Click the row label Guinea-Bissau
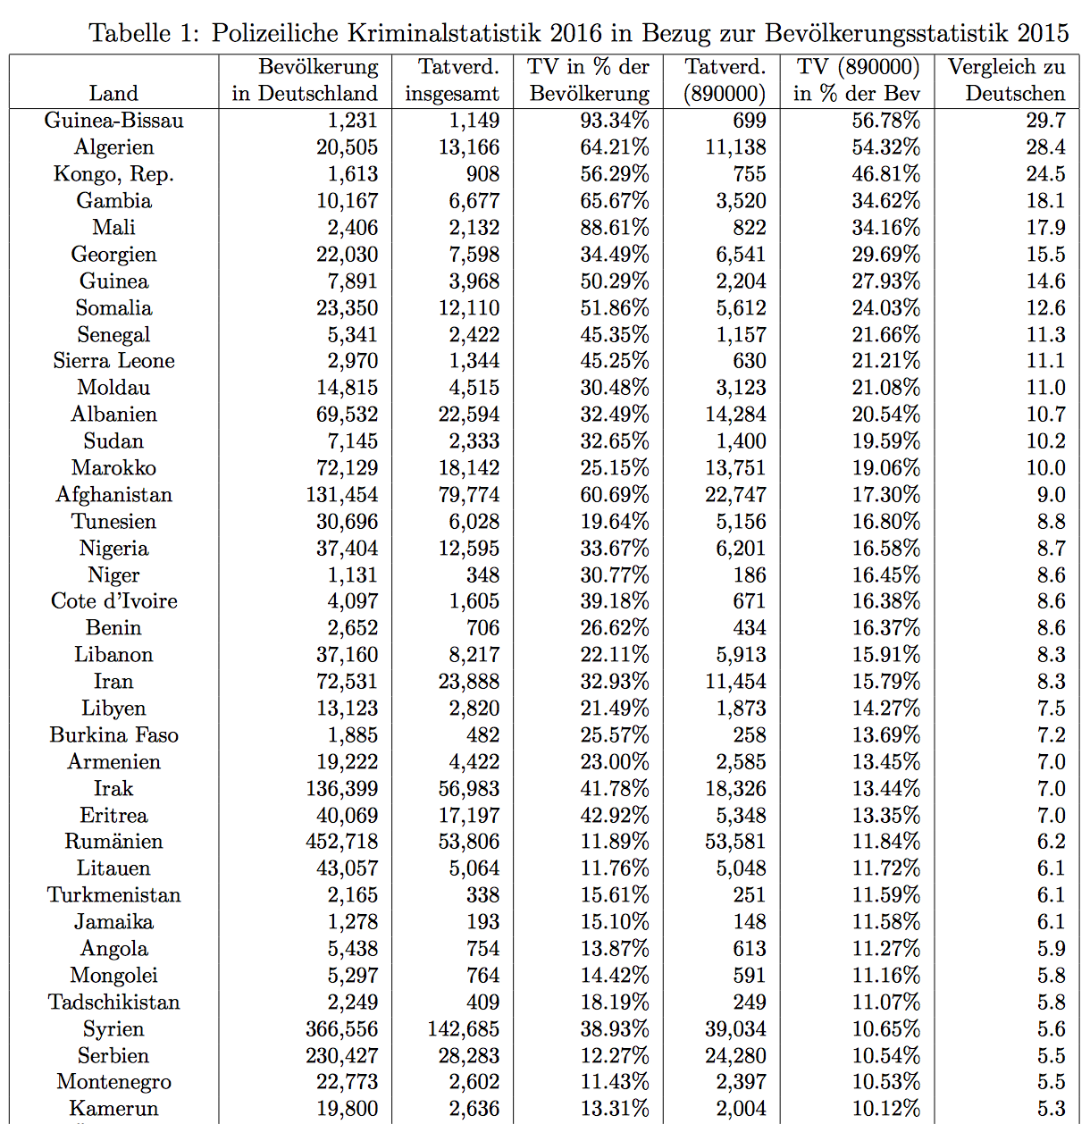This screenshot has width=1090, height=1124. (113, 121)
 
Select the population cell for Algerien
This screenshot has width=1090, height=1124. (347, 147)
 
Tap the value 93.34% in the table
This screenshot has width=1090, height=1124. (614, 121)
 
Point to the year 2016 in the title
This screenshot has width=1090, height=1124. (576, 33)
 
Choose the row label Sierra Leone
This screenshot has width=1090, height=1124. (113, 361)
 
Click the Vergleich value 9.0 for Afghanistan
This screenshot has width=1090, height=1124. (1051, 495)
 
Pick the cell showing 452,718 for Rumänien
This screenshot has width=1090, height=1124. (341, 842)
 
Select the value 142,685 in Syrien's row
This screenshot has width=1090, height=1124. (463, 1029)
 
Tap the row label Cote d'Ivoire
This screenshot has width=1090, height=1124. (113, 601)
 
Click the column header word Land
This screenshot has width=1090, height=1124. (113, 94)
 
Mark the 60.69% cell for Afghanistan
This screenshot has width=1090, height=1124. (614, 495)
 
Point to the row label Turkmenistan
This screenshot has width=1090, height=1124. (113, 895)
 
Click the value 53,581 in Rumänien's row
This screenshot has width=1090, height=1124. (735, 842)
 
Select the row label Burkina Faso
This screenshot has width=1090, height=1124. (113, 735)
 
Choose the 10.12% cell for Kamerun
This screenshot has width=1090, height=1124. (885, 1109)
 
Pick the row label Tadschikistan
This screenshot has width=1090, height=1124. (113, 1002)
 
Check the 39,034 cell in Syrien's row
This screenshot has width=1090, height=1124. (735, 1029)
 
